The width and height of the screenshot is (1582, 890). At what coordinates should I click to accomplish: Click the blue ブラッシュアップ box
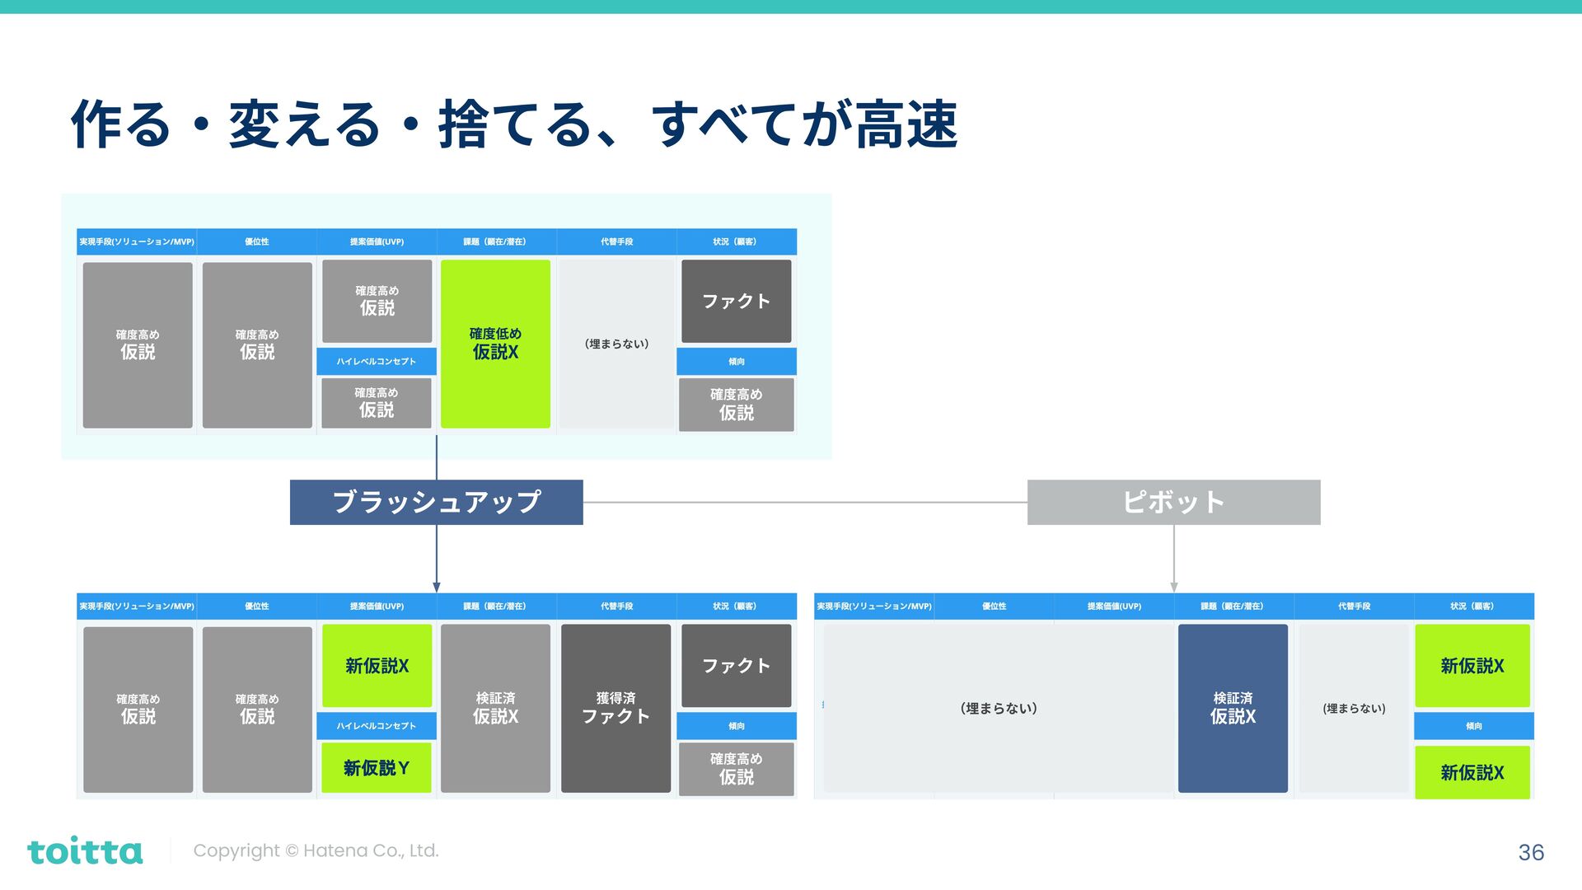(436, 502)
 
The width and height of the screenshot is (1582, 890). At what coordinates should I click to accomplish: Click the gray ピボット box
(1173, 502)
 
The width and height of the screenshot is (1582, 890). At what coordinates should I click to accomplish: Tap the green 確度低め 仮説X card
(495, 344)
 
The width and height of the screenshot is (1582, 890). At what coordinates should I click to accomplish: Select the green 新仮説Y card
(377, 768)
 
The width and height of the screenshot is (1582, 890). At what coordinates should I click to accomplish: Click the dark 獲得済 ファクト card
(615, 708)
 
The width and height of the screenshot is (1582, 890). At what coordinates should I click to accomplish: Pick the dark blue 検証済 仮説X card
(1233, 708)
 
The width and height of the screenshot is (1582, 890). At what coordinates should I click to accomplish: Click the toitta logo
(85, 850)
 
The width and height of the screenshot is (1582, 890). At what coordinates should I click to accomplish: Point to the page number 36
(1531, 852)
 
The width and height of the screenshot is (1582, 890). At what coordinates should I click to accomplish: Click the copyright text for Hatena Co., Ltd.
(316, 850)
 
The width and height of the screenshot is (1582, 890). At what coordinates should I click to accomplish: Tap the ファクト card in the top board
(736, 301)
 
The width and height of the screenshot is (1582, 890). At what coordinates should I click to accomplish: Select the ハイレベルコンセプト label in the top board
(377, 362)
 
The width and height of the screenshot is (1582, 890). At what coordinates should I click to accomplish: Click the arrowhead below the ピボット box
(1174, 587)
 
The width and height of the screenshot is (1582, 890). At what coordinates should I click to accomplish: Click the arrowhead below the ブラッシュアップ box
(437, 587)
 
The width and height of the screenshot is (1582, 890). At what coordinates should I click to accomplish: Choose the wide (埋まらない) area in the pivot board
(999, 708)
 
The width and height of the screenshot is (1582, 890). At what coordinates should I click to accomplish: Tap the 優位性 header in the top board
(257, 241)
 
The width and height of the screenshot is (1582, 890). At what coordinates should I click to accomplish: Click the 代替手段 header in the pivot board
(1354, 606)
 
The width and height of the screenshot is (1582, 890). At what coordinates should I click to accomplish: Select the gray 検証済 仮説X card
(495, 708)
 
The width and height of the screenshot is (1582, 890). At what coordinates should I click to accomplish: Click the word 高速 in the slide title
(906, 125)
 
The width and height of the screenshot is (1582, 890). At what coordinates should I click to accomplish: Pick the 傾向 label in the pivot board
(1474, 726)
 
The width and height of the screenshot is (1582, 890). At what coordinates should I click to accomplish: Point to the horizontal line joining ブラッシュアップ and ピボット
(805, 502)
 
